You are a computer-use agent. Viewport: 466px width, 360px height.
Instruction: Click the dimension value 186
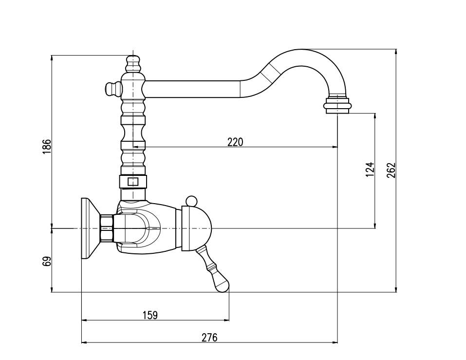[x=47, y=147]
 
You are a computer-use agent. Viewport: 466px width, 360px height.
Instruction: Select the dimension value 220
[x=235, y=142]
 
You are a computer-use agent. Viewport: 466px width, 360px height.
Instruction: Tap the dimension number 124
[x=370, y=170]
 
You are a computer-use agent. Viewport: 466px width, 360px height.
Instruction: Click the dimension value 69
[x=47, y=261]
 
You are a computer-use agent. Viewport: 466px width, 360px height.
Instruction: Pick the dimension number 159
[x=150, y=315]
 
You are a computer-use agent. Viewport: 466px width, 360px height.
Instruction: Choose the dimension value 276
[x=209, y=337]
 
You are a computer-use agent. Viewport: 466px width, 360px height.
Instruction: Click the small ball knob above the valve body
[x=191, y=201]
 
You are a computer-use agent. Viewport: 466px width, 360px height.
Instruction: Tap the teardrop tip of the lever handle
[x=222, y=283]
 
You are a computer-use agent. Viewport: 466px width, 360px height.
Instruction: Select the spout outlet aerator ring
[x=337, y=106]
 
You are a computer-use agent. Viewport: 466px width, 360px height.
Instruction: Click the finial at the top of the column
[x=133, y=63]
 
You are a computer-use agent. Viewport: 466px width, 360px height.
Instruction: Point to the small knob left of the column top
[x=112, y=88]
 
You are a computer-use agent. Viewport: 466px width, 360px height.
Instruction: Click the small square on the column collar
[x=132, y=182]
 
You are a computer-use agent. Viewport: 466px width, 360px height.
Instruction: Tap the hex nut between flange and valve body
[x=107, y=228]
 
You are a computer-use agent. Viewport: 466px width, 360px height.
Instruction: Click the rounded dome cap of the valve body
[x=204, y=228]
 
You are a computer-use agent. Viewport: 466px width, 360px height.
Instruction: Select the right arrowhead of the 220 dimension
[x=335, y=147]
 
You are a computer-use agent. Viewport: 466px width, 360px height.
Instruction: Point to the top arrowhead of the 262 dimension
[x=396, y=52]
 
